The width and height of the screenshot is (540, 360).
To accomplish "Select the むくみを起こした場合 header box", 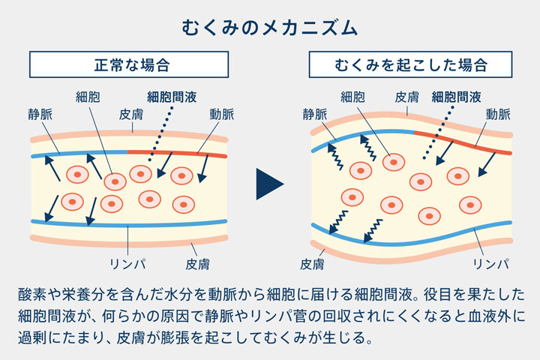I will (x=410, y=65).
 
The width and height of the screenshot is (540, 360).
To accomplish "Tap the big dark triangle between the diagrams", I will (x=268, y=184).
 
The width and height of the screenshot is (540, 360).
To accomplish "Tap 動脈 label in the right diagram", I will (x=497, y=115).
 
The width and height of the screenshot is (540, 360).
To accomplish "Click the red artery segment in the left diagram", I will (x=177, y=152).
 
